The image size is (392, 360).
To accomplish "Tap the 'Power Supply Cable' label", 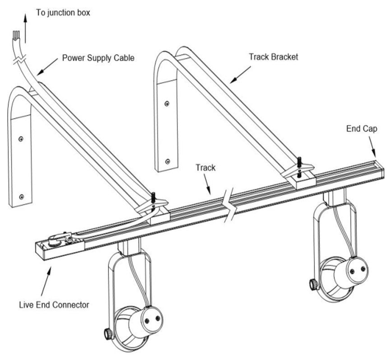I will click(98, 58).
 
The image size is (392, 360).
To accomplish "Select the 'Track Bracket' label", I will click(273, 57).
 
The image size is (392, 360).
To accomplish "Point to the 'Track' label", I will click(205, 168).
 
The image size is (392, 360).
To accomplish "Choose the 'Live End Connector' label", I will click(54, 305).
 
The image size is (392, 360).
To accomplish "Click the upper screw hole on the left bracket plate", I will click(21, 138).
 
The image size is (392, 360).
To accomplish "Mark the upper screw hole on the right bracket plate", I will click(167, 103).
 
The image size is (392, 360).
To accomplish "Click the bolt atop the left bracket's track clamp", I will click(153, 197).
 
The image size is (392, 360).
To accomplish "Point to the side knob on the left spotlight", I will click(108, 334).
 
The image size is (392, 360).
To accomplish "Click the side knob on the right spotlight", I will click(312, 284).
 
